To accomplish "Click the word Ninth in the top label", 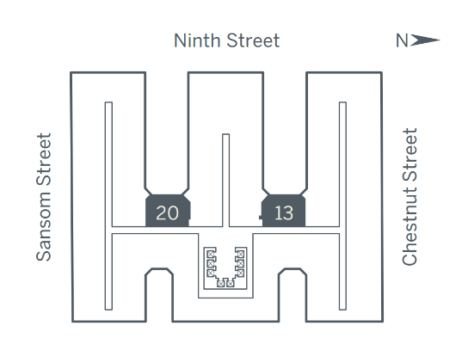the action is pyautogui.click(x=198, y=40).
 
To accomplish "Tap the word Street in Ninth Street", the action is pyautogui.click(x=253, y=40).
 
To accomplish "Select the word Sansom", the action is pyautogui.click(x=44, y=230).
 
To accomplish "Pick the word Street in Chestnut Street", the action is pyautogui.click(x=409, y=158).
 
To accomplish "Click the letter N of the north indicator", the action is pyautogui.click(x=402, y=40).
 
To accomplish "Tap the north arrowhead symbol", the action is pyautogui.click(x=425, y=40).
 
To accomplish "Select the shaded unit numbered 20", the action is pyautogui.click(x=168, y=211).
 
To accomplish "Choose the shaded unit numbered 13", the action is pyautogui.click(x=283, y=211).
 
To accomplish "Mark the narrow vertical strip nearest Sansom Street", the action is pyautogui.click(x=108, y=206).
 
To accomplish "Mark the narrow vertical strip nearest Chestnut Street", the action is pyautogui.click(x=342, y=206).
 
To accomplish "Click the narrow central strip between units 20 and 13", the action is pyautogui.click(x=226, y=181).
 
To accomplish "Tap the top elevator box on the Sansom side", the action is pyautogui.click(x=211, y=254).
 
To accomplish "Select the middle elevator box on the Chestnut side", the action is pyautogui.click(x=240, y=263).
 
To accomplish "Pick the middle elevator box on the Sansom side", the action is pyautogui.click(x=211, y=263).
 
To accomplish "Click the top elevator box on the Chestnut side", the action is pyautogui.click(x=240, y=254).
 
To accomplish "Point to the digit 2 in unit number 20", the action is pyautogui.click(x=162, y=213).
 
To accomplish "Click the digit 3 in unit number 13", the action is pyautogui.click(x=288, y=213).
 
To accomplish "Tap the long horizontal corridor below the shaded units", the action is pyautogui.click(x=225, y=231).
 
